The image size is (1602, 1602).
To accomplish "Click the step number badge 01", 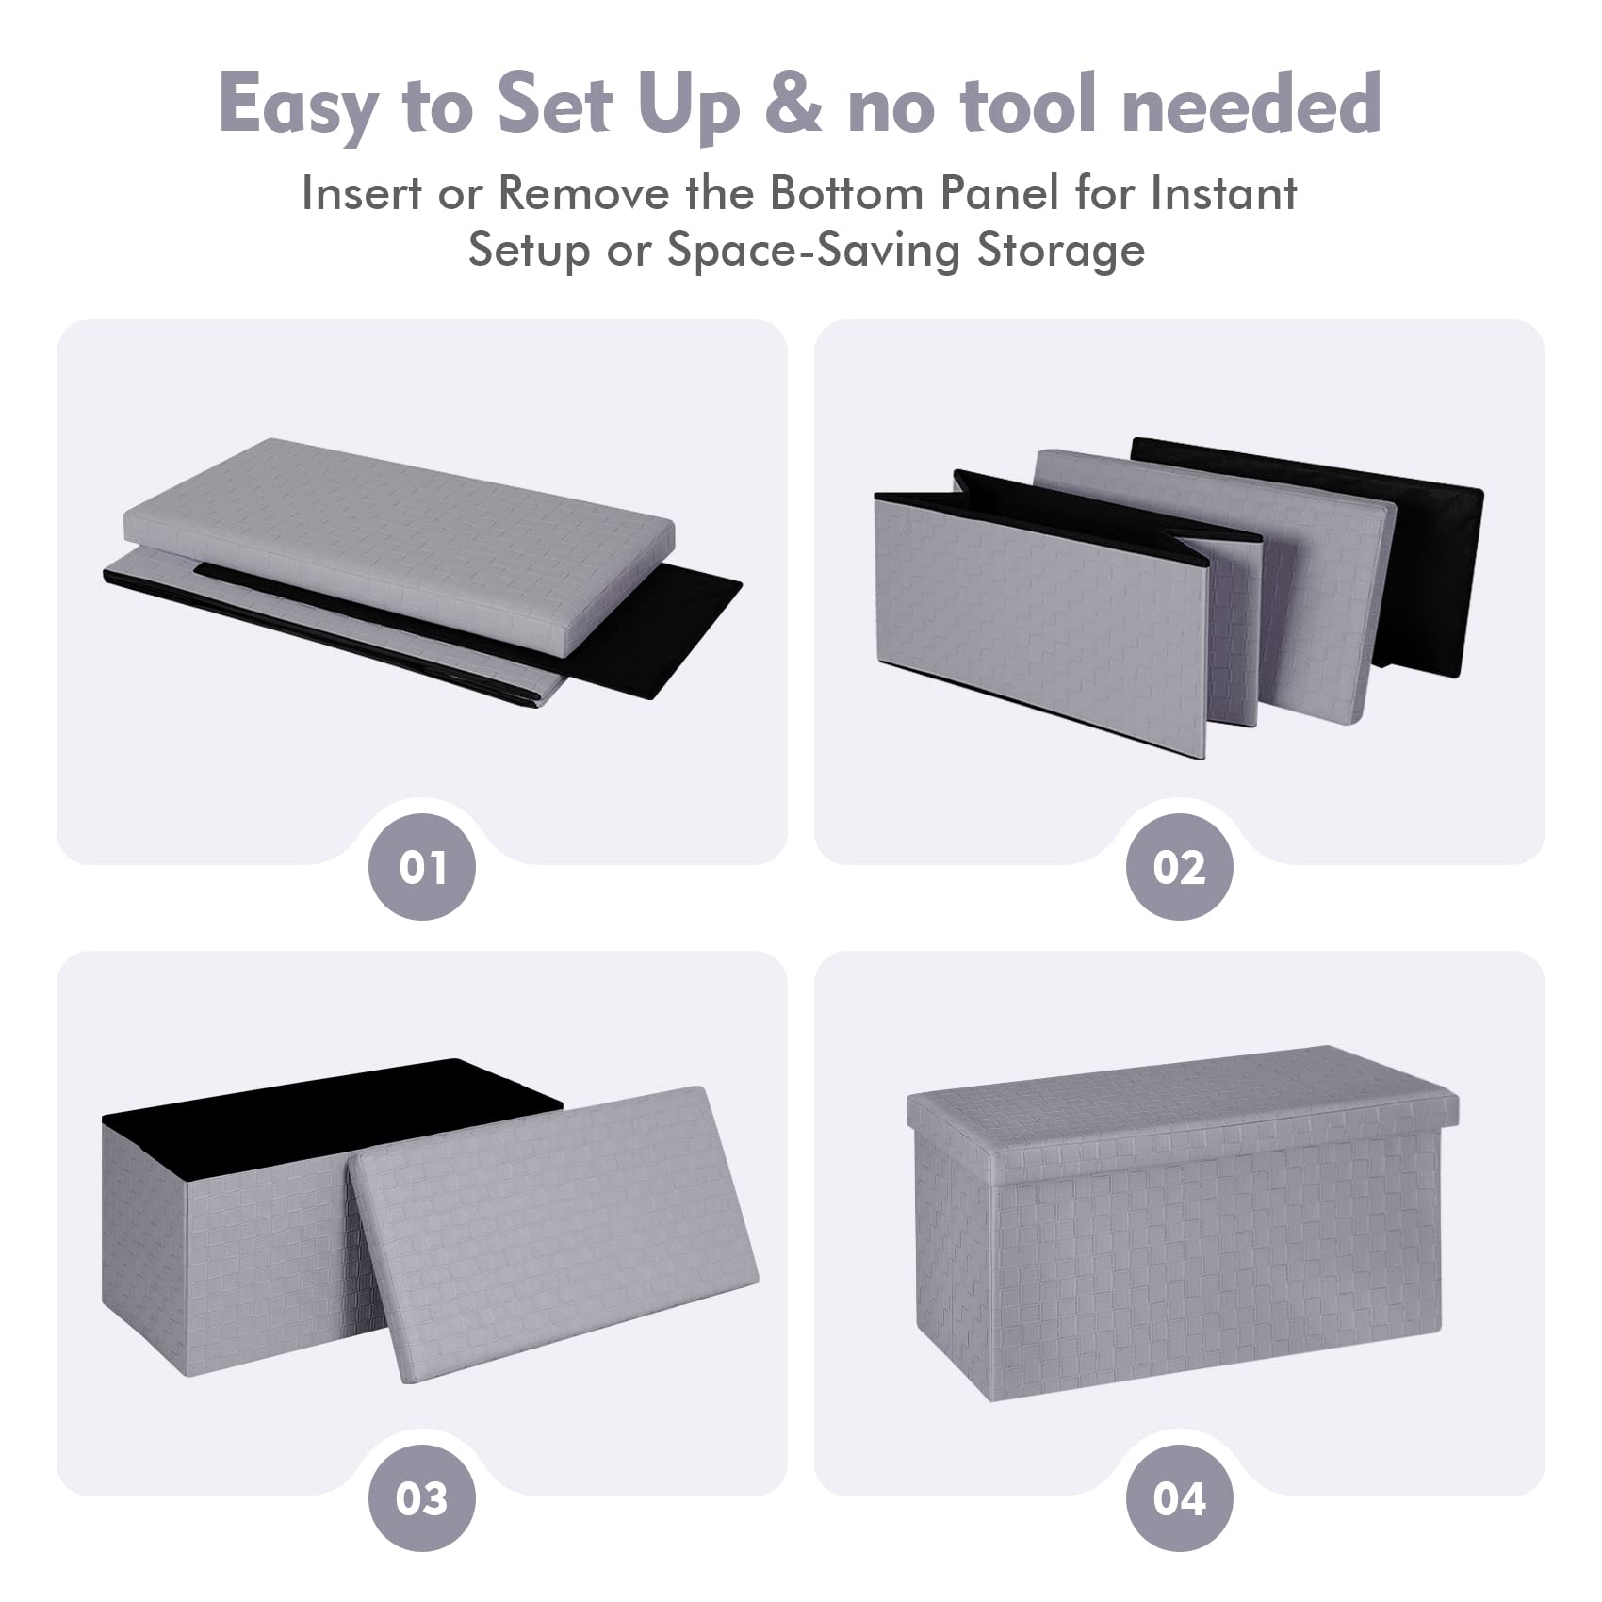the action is coord(421,867).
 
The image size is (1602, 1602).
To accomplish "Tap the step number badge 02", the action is coord(1179,867).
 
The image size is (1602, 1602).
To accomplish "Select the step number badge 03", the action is coord(421,1498).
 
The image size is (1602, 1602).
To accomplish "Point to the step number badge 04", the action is coord(1179,1498).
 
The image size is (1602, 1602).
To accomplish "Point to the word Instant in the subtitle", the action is coord(1223,193).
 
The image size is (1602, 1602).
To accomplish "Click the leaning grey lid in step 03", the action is coord(554,1234).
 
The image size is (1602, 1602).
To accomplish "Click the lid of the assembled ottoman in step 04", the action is coord(1183,1098).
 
